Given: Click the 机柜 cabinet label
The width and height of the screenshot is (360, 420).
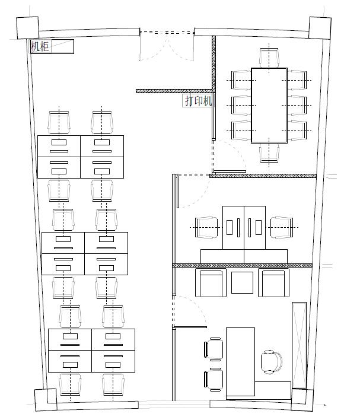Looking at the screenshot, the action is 40,46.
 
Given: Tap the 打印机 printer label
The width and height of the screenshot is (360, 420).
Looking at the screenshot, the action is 199,101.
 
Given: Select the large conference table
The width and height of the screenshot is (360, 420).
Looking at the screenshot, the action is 269,105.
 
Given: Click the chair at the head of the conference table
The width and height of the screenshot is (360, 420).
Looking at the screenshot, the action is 269,58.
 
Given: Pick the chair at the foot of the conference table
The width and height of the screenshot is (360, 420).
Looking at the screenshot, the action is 269,153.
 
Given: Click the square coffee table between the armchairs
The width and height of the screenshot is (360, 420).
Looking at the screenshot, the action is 242,282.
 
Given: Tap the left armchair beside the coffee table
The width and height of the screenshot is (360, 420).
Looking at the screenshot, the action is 211,283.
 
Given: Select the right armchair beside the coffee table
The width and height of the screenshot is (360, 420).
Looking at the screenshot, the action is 274,283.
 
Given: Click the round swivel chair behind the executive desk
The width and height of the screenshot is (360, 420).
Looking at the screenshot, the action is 272,362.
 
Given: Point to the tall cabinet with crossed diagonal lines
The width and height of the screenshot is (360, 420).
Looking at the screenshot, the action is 299,345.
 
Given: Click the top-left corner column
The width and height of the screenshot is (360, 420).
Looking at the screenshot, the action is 28,28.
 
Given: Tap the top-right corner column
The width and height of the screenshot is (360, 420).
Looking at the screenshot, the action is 320,28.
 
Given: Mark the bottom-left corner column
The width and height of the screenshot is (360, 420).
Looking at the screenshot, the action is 46,400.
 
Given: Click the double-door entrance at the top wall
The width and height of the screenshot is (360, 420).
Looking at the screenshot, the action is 167,45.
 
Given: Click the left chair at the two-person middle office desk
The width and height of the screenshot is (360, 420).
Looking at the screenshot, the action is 206,227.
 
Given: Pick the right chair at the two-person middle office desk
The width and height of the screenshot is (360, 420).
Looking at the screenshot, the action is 282,227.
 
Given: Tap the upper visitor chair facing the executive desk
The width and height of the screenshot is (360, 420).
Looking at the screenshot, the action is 214,348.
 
